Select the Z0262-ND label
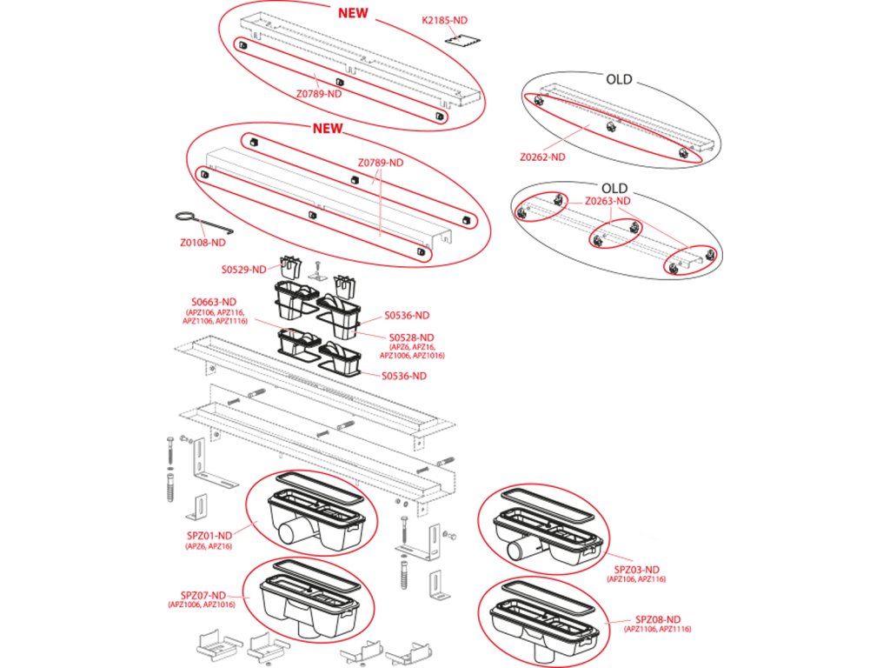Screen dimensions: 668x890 (x=542, y=157)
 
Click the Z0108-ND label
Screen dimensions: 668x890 (x=202, y=243)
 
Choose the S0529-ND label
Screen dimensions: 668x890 (x=245, y=270)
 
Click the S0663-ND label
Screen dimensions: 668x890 (x=216, y=301)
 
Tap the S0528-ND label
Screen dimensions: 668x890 (x=412, y=337)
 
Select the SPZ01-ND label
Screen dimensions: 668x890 (x=209, y=535)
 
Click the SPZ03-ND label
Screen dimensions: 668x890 (x=637, y=569)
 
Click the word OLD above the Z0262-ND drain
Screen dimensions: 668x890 (x=619, y=80)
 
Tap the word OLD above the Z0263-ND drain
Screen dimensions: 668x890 (x=614, y=188)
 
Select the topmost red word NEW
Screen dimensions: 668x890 (x=352, y=13)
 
